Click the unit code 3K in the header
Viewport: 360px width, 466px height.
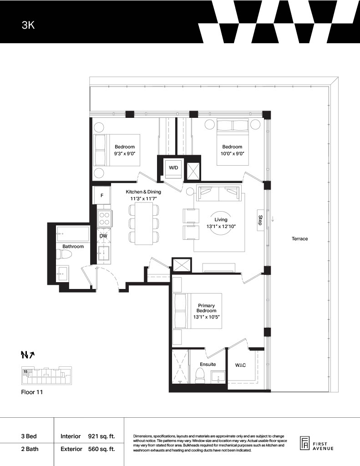pyautogui.click(x=28, y=25)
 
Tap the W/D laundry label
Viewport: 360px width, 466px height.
pyautogui.click(x=173, y=167)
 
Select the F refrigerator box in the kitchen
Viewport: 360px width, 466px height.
pyautogui.click(x=102, y=195)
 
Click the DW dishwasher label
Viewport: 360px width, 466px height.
pyautogui.click(x=103, y=236)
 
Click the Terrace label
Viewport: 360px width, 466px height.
pyautogui.click(x=299, y=238)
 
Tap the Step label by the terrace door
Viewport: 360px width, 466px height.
pyautogui.click(x=260, y=220)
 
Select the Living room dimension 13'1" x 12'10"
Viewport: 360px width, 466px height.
pyautogui.click(x=221, y=227)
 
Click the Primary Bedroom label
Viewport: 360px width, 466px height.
pyautogui.click(x=206, y=308)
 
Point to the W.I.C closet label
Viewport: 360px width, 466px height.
pyautogui.click(x=240, y=365)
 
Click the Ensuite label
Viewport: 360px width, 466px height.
pyautogui.click(x=208, y=364)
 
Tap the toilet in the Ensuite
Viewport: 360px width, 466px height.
pyautogui.click(x=200, y=376)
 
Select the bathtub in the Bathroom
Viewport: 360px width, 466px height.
pyautogui.click(x=72, y=234)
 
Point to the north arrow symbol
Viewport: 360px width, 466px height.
pyautogui.click(x=28, y=354)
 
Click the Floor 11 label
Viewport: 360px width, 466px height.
pyautogui.click(x=32, y=392)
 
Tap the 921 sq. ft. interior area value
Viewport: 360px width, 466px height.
pyautogui.click(x=101, y=436)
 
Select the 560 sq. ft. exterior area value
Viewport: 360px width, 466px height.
pyautogui.click(x=101, y=449)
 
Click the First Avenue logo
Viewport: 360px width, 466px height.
pyautogui.click(x=316, y=444)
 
